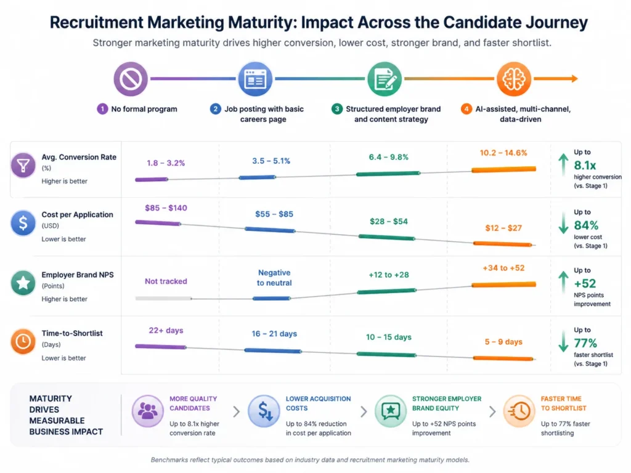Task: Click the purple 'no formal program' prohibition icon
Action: coord(131,79)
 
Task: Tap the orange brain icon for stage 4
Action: coord(514,79)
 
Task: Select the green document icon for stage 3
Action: coord(385,79)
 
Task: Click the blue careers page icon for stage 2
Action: coord(255,79)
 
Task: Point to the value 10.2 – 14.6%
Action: coord(503,153)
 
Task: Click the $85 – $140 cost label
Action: coord(166,208)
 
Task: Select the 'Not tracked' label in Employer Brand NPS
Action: coord(166,281)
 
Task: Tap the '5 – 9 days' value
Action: coord(503,342)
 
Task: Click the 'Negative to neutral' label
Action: coord(274,278)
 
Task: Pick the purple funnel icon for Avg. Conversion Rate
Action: coord(23,166)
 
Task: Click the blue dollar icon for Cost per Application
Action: coord(23,224)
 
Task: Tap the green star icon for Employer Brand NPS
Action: coord(23,283)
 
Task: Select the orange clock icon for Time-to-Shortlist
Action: coord(23,342)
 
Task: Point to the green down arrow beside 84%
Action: coord(563,223)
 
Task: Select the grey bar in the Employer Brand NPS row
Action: coord(163,298)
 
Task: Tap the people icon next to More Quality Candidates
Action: coord(147,411)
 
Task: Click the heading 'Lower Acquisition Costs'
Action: coord(318,403)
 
